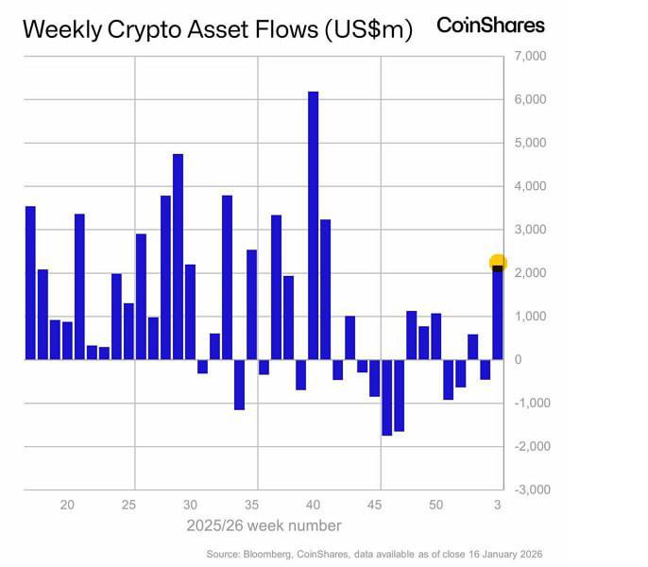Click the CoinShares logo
click(490, 26)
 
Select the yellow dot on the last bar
click(498, 263)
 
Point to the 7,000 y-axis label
click(529, 57)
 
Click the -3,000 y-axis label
click(527, 490)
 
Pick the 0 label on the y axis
click(517, 359)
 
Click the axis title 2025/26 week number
click(264, 525)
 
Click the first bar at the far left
click(30, 283)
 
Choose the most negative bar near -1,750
click(386, 397)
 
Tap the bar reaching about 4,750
click(178, 256)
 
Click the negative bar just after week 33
click(239, 385)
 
